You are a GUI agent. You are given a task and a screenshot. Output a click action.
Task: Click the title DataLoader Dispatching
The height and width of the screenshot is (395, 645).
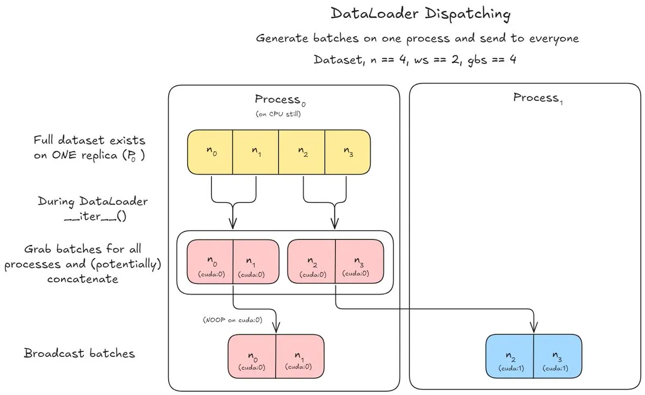point(420,13)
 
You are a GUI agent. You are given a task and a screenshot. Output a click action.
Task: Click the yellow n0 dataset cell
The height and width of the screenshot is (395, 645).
point(210,152)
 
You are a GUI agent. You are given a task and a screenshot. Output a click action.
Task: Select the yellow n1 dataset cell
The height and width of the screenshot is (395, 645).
point(255,152)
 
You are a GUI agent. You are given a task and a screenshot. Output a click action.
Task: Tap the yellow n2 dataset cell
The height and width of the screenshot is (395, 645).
point(302,152)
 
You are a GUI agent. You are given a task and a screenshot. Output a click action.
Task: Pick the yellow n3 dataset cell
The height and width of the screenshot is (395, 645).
point(347,152)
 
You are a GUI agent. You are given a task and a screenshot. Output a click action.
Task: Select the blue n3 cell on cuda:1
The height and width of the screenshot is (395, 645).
point(557,358)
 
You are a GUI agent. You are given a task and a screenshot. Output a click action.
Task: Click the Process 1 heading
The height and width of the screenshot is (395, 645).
point(538,98)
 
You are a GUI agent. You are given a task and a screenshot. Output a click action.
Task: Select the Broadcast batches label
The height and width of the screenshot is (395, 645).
point(79,353)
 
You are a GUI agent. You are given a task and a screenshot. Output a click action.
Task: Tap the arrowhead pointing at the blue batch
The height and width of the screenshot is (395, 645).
point(534,327)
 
